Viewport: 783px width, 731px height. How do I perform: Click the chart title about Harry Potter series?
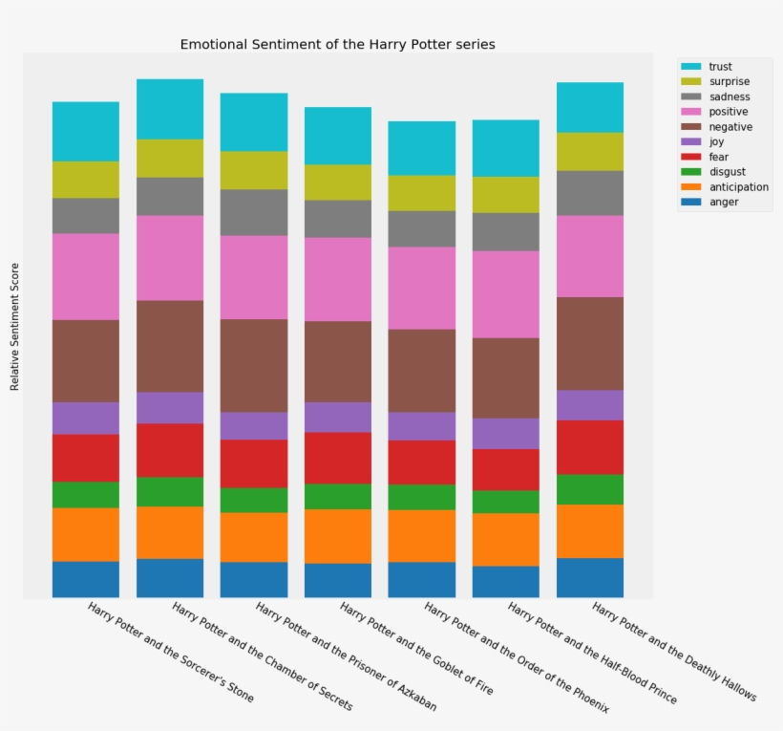tap(337, 45)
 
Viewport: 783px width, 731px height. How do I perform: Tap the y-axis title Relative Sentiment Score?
tap(15, 326)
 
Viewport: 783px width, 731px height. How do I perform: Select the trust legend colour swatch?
tap(690, 67)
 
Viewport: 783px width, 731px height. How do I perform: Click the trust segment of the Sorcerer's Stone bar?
tap(86, 132)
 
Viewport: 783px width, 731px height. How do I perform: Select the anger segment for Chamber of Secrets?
tap(170, 578)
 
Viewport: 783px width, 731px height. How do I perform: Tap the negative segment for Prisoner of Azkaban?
tap(254, 365)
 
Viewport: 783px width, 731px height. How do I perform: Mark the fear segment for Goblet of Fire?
tap(338, 458)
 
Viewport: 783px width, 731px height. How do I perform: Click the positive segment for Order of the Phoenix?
tap(422, 289)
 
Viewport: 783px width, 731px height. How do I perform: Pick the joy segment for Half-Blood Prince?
tap(506, 434)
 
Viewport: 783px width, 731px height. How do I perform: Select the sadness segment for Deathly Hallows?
tap(590, 193)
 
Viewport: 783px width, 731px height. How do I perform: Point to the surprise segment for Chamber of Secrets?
tap(170, 159)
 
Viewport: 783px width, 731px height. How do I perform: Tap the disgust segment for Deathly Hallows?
tap(590, 489)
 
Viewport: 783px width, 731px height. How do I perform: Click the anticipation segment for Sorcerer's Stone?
tap(86, 534)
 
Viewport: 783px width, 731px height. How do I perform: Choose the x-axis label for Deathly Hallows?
tap(674, 652)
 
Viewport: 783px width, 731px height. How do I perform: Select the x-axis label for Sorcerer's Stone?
tap(171, 653)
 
